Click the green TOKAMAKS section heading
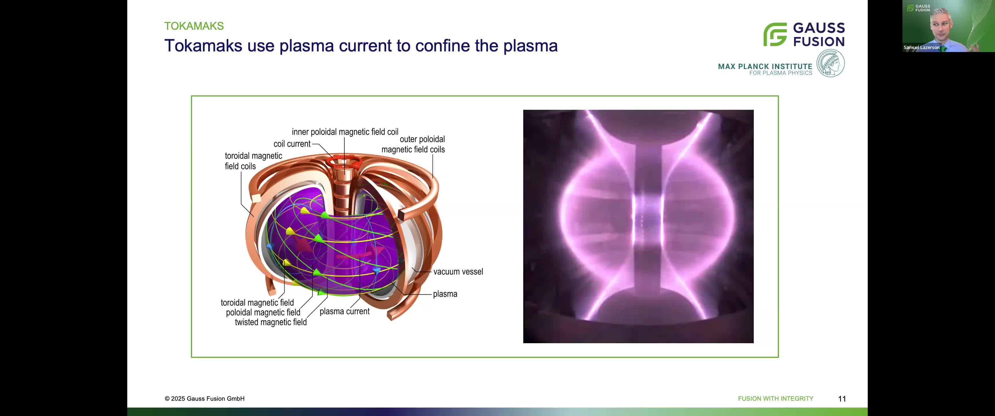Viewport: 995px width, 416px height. (194, 26)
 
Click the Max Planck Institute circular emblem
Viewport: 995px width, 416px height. (830, 64)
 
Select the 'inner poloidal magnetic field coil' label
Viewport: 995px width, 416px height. (345, 132)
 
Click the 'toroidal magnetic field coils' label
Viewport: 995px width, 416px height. (253, 161)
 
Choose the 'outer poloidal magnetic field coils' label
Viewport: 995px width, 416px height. (413, 144)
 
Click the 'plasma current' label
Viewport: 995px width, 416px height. (344, 311)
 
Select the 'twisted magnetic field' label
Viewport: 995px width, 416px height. (270, 322)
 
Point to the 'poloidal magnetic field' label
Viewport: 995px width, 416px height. (263, 313)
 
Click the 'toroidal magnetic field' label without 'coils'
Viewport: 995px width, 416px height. (257, 302)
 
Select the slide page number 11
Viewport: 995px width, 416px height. (842, 399)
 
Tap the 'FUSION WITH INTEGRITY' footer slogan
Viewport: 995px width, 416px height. (775, 399)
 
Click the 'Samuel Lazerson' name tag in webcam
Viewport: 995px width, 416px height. (921, 47)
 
